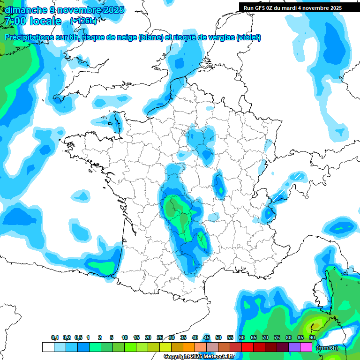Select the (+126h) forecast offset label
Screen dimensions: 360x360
[83, 21]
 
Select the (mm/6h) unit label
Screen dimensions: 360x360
[327, 347]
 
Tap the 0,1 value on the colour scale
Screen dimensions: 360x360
[54, 338]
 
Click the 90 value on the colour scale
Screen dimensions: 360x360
[312, 338]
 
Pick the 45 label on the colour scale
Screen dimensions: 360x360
[207, 338]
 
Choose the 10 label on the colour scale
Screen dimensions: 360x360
[124, 338]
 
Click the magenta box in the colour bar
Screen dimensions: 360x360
[306, 347]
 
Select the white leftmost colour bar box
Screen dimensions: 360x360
[48, 347]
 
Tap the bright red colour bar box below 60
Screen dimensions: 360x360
[247, 347]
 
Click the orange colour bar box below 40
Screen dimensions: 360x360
[189, 347]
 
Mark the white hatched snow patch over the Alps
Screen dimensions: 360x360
[296, 177]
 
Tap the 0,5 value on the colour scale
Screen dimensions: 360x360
[78, 338]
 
